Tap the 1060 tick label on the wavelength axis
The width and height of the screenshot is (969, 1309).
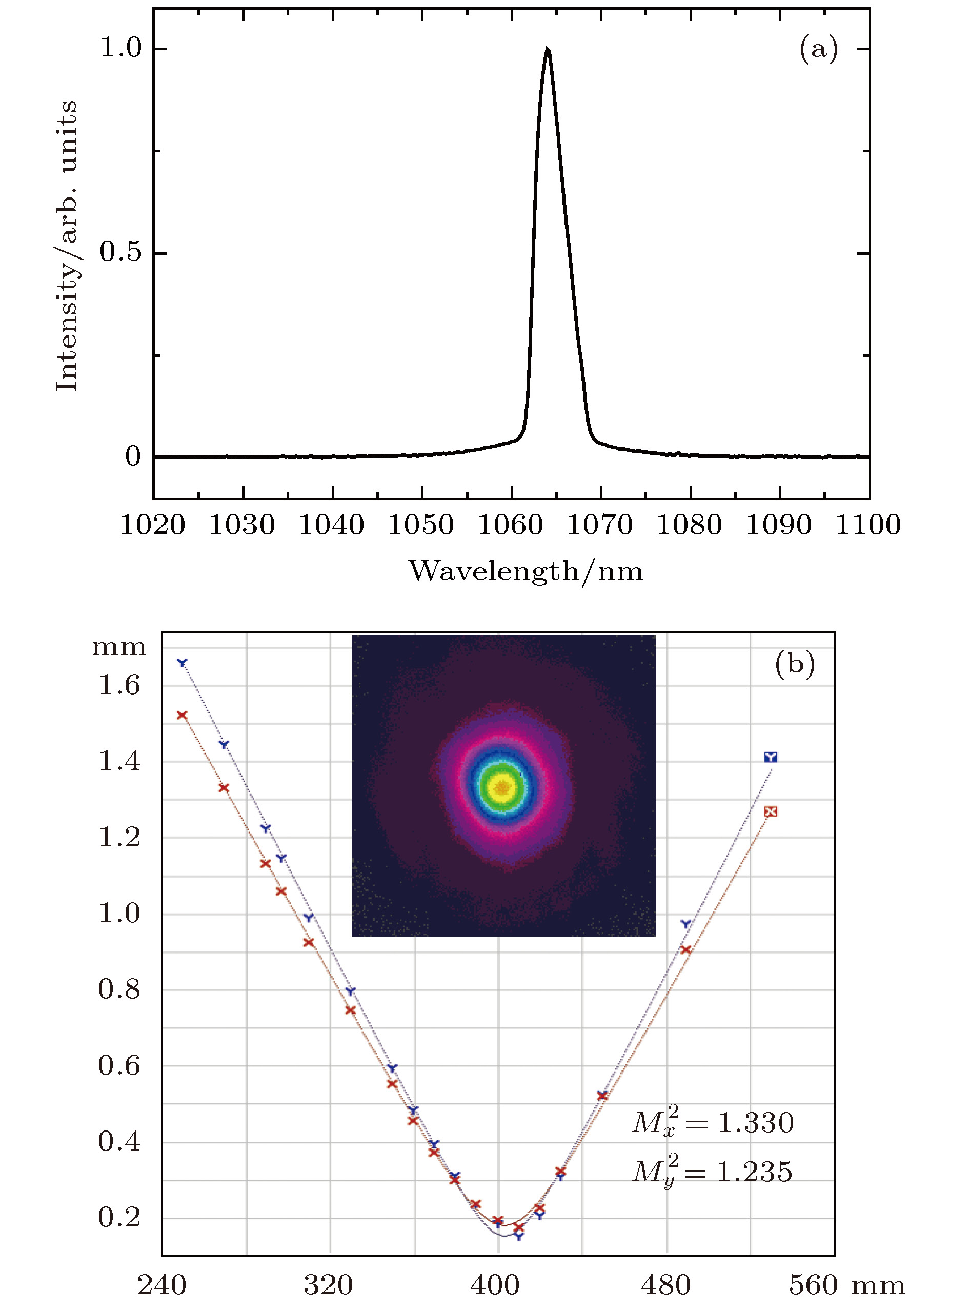510,525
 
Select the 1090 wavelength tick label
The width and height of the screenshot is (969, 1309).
778,525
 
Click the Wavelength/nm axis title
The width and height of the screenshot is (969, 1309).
526,571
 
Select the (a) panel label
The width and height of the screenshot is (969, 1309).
818,49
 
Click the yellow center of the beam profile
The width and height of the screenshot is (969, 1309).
502,787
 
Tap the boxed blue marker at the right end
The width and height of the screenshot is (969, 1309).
770,758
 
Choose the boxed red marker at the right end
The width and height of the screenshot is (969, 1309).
771,811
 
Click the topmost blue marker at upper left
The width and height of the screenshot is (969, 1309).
183,662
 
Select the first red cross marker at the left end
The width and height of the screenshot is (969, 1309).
182,715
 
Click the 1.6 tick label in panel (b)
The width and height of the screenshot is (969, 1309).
119,685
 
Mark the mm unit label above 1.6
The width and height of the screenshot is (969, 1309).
119,647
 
